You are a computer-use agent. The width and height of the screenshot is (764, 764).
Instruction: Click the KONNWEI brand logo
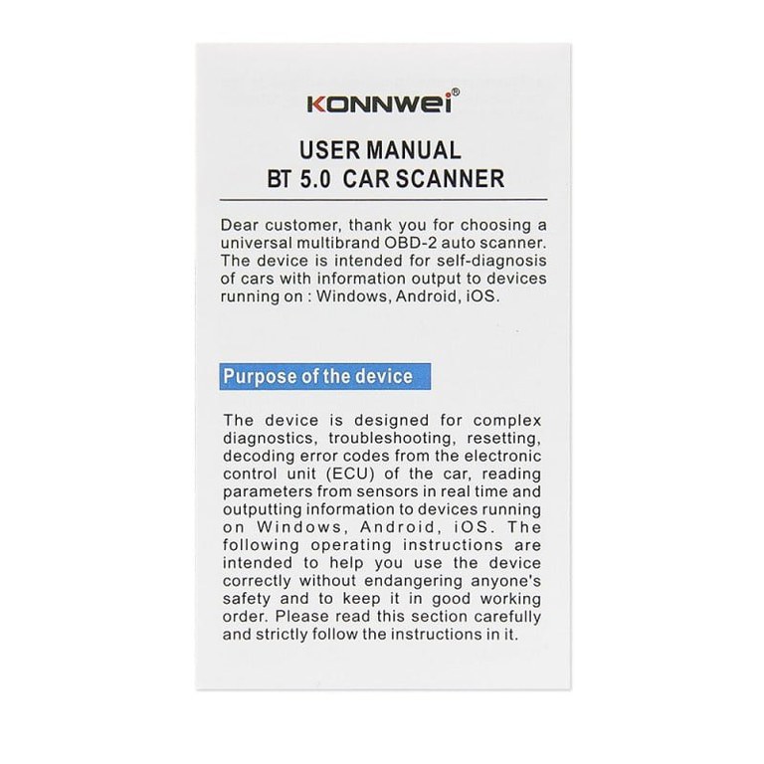[380, 103]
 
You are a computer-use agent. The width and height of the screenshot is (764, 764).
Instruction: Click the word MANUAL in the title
[413, 150]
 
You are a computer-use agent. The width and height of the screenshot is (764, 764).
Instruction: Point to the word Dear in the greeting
[242, 225]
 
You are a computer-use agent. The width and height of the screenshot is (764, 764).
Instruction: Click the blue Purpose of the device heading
[317, 377]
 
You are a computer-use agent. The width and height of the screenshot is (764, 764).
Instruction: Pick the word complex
[503, 420]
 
